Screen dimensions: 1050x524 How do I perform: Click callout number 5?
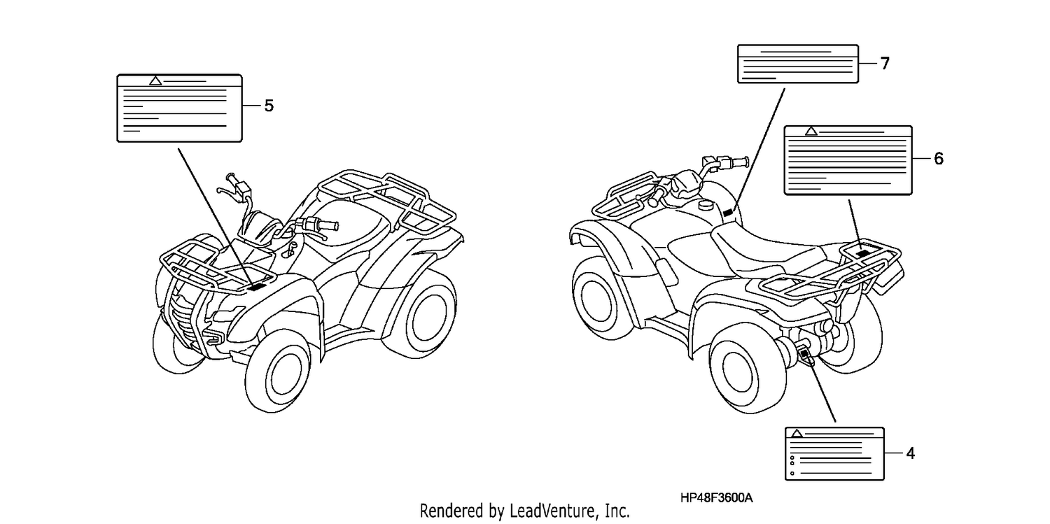tap(269, 106)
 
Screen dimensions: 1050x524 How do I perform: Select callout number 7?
tap(885, 63)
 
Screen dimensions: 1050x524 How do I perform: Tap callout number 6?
tap(939, 159)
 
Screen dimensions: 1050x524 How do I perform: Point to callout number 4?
tap(910, 453)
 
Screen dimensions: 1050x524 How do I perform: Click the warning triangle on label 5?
tap(155, 81)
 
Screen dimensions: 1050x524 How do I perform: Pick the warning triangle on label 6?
tap(811, 132)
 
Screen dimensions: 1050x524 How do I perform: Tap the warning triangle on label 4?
tap(797, 434)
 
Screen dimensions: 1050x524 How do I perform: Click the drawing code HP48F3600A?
tap(716, 498)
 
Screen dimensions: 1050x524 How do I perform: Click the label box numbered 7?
tap(798, 64)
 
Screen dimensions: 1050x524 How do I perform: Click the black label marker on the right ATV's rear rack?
tap(863, 253)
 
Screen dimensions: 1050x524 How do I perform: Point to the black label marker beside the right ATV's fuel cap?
tap(728, 213)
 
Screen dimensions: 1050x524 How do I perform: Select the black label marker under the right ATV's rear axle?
tap(805, 355)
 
